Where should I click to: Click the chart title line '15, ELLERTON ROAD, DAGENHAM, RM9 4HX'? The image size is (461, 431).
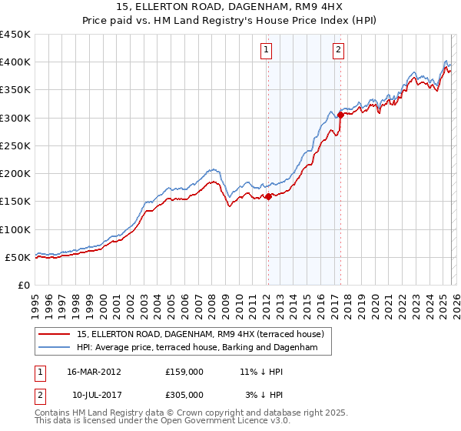[230, 8]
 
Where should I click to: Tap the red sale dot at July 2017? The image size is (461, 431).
[340, 115]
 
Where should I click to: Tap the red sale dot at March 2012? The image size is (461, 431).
[268, 196]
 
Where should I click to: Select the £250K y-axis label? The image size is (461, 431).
[15, 145]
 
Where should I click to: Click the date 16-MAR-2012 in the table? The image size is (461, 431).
[94, 372]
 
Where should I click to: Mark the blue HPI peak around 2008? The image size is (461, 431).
[213, 168]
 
